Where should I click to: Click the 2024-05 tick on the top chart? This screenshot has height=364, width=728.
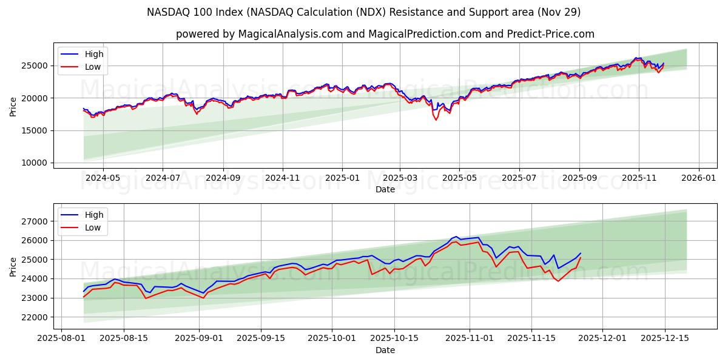(x=103, y=177)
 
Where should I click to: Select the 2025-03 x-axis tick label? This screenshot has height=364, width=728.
(x=400, y=177)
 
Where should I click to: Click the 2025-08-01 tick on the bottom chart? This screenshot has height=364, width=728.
(x=61, y=338)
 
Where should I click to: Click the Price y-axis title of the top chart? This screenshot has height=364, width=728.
(x=13, y=107)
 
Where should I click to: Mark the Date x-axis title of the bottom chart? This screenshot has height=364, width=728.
(x=385, y=350)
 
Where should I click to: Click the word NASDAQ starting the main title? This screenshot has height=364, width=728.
(x=167, y=12)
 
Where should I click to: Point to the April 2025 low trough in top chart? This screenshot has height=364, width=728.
(x=436, y=120)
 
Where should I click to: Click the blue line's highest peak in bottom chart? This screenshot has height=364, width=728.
(x=456, y=236)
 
